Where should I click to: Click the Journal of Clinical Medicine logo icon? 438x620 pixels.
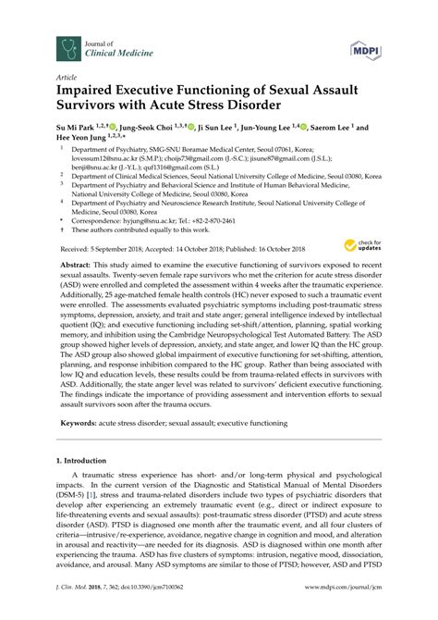pyautogui.click(x=67, y=47)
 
